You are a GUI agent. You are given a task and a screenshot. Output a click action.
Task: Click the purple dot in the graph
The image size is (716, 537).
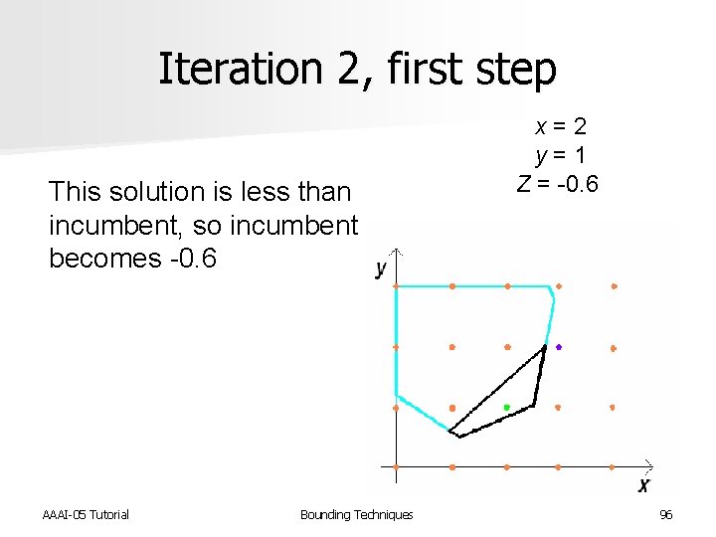tap(559, 347)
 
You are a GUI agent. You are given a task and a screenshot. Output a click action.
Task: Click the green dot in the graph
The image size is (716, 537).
tap(506, 408)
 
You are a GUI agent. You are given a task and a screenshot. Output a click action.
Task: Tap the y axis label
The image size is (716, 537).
tap(381, 268)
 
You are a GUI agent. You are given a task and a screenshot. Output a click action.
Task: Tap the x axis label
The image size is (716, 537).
tap(643, 485)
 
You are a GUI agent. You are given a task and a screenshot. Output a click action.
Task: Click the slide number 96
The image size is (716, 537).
tap(665, 514)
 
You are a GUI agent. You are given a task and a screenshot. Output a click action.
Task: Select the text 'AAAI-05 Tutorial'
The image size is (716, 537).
tap(86, 514)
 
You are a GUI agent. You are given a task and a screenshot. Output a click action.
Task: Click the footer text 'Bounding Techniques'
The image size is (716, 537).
tap(356, 514)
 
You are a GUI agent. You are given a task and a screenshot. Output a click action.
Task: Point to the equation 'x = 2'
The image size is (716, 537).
tap(561, 127)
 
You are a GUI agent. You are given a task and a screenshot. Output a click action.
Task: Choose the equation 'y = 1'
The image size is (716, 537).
tap(561, 155)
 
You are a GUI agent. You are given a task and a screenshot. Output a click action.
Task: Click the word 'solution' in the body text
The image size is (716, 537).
tap(161, 190)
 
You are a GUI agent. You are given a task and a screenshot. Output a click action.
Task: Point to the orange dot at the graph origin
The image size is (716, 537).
tap(396, 466)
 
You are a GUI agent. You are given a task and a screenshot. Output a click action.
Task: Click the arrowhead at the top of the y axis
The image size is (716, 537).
tap(396, 250)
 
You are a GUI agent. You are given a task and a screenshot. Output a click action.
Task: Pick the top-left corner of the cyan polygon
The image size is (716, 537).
tap(397, 286)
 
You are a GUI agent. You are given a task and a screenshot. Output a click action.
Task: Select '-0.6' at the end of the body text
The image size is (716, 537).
tap(184, 258)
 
